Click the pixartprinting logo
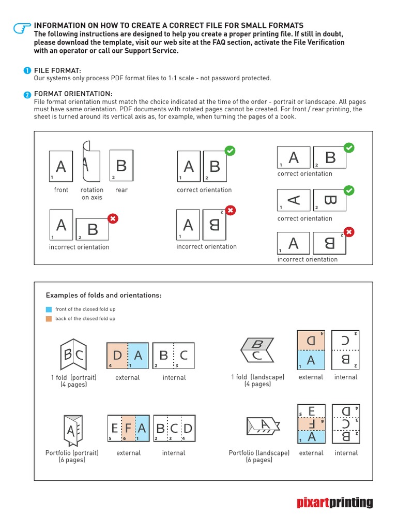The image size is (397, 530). click(x=334, y=502)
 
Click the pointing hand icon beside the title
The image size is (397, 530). click(x=22, y=30)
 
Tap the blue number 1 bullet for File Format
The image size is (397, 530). click(x=27, y=70)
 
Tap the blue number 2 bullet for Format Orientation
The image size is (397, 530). click(x=27, y=94)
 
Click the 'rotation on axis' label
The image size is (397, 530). click(x=92, y=194)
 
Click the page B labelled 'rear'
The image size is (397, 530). click(x=121, y=166)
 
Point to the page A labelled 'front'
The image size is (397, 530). click(x=61, y=166)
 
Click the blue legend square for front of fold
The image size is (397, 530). click(x=49, y=309)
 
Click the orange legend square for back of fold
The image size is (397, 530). click(x=49, y=319)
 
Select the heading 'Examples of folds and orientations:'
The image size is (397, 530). click(x=103, y=296)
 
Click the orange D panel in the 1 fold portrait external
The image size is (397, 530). click(x=117, y=356)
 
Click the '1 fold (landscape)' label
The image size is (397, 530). click(x=257, y=380)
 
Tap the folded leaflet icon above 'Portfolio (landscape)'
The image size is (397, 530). click(x=263, y=426)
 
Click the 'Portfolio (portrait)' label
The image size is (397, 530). click(x=72, y=456)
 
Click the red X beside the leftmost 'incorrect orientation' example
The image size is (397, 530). click(x=113, y=218)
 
